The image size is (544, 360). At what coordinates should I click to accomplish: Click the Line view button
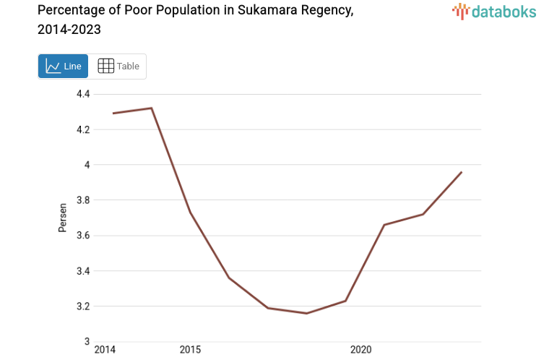(63, 67)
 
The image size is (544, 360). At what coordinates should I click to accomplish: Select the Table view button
(118, 67)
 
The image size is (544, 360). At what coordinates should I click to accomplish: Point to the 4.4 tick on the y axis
(83, 95)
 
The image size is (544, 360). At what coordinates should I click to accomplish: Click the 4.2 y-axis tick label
(83, 130)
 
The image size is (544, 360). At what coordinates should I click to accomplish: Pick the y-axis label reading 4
(87, 166)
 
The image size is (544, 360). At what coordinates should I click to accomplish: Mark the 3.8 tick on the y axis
(83, 201)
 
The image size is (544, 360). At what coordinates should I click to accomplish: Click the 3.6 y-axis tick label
(83, 236)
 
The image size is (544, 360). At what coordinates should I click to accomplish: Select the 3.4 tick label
(83, 271)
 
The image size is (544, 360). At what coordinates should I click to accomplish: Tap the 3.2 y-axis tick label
(83, 307)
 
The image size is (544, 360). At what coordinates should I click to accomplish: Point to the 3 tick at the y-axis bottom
(87, 342)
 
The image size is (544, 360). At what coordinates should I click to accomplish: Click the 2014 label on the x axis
(105, 351)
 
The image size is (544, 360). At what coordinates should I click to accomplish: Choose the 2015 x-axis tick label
(190, 351)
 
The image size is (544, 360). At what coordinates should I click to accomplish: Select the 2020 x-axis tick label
(360, 351)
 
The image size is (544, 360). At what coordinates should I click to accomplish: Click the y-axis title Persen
(63, 218)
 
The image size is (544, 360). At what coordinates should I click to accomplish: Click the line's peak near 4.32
(151, 108)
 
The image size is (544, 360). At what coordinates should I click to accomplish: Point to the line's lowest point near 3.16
(306, 313)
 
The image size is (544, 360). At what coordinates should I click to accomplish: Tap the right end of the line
(462, 172)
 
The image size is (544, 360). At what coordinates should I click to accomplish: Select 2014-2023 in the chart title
(69, 30)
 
